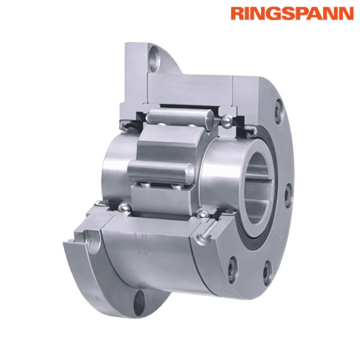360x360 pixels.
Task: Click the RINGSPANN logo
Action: coord(292,13)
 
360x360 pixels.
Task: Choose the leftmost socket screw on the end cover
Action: coord(233,262)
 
